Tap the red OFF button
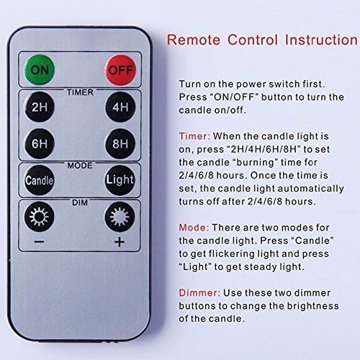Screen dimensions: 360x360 coord(121,70)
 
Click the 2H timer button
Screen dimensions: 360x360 coord(40,107)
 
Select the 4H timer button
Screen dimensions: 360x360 coord(120,107)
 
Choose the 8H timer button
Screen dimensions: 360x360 coord(120,143)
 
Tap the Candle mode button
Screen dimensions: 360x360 coord(40,180)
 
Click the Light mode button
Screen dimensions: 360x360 coord(120,180)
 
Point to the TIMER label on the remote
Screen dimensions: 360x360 coord(80,92)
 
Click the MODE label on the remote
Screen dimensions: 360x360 coord(80,166)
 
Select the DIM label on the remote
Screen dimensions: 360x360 coord(80,203)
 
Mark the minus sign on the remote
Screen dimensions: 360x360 coord(39,242)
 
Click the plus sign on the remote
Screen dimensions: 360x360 coord(120,242)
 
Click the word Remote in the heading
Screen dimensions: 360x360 coord(194,40)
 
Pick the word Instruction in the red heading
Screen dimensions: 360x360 coord(321,40)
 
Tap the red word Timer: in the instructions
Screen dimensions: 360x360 coord(194,136)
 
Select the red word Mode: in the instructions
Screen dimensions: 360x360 coord(194,228)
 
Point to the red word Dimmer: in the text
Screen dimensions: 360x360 coord(199,293)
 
